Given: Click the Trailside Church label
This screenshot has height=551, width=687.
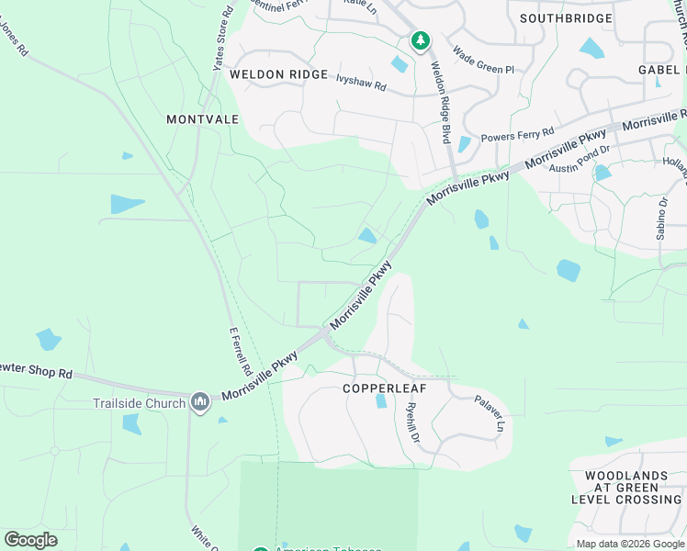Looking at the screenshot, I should click(139, 402).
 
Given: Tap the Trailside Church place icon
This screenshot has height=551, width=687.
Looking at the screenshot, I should click(201, 402).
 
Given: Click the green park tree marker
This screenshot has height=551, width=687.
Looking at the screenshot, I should click(420, 40).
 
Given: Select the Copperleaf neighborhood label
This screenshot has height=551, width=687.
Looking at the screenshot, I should click(380, 388).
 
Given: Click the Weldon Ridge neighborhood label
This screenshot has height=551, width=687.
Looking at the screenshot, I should click(278, 73).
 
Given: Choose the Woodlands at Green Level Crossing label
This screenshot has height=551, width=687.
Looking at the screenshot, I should click(626, 488).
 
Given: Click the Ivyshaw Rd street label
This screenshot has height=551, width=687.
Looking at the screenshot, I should click(362, 82).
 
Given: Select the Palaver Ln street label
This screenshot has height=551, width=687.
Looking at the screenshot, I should click(490, 413).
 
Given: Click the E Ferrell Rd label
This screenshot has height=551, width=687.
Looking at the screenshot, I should click(240, 353).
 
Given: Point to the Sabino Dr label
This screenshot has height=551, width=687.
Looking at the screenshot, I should click(660, 218).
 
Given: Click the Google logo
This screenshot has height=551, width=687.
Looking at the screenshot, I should click(30, 540).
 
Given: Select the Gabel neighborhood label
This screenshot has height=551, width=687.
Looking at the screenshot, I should click(662, 70).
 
